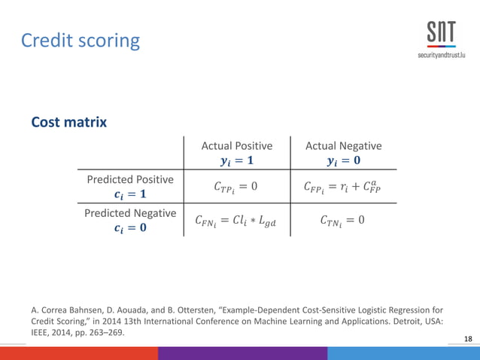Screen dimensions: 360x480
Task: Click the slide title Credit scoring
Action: tap(80, 39)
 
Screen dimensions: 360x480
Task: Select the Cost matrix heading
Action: tap(68, 122)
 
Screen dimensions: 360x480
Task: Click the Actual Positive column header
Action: tap(236, 146)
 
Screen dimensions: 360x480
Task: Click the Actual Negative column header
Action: tap(343, 146)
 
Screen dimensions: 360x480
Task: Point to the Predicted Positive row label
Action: tap(130, 179)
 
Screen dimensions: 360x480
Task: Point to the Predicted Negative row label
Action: tap(130, 213)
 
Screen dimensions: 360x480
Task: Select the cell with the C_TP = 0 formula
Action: tap(236, 186)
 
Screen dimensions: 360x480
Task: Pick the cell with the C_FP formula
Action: tap(343, 186)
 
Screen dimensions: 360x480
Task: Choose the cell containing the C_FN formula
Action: tap(236, 221)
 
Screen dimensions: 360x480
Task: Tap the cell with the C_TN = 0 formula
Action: tap(343, 221)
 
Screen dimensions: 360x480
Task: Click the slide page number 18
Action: tap(469, 340)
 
